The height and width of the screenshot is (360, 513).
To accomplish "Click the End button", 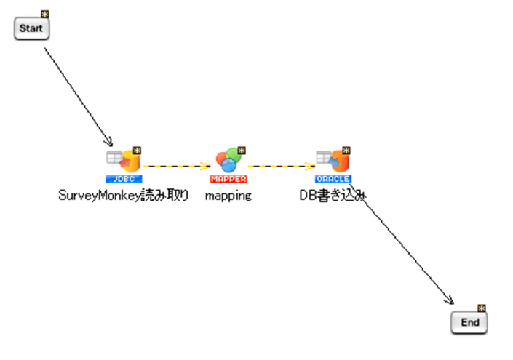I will pos(469,322).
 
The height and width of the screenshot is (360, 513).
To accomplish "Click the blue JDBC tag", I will pos(123,178).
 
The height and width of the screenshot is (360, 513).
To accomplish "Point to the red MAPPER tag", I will pos(228,178).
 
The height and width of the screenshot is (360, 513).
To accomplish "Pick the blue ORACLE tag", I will pos(333,178).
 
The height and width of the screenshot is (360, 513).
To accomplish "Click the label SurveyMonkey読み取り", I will pos(123,195).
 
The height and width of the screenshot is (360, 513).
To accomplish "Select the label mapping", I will pos(228,195).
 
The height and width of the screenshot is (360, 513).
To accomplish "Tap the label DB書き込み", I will pos(333,195).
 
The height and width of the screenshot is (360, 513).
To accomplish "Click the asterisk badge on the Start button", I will pos(45,15).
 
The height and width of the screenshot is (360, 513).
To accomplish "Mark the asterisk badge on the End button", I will pos(481,308).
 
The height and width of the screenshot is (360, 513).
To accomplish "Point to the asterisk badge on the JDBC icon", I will pos(136,151).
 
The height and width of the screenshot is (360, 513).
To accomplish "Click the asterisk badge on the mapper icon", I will pos(242,151).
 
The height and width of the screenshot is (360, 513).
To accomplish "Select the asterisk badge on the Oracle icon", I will pos(346,151).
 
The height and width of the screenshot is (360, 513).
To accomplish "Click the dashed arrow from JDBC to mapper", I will pos(175,166).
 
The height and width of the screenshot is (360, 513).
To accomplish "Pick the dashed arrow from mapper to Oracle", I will pos(280,166).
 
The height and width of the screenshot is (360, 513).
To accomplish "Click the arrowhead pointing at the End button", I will pos(450,301).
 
